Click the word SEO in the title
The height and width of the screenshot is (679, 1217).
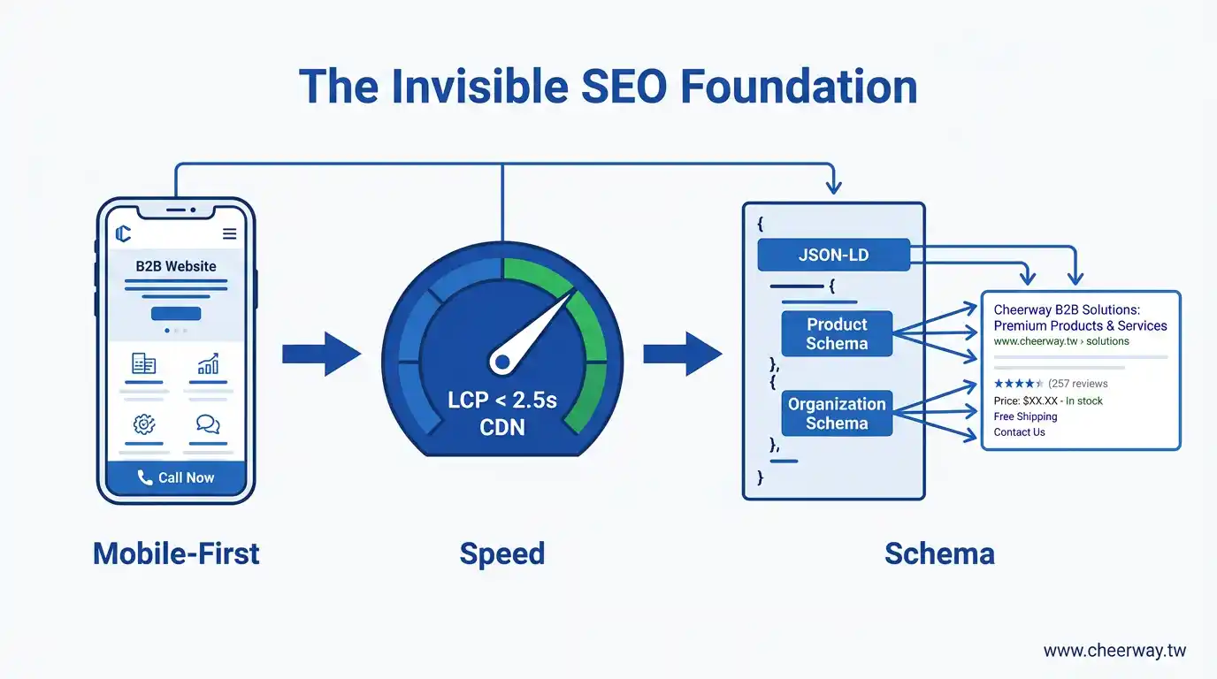(624, 87)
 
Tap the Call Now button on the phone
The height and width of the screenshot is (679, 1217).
(176, 477)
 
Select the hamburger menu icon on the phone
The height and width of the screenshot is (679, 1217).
(230, 233)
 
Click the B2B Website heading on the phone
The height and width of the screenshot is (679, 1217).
(176, 266)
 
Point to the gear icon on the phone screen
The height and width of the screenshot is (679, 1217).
(144, 424)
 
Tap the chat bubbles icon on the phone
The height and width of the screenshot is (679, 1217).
(208, 424)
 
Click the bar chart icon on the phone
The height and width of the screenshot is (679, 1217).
(208, 364)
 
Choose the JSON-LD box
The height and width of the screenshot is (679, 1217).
(833, 255)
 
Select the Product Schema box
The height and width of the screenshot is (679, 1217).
(837, 333)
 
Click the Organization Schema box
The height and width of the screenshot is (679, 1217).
(837, 414)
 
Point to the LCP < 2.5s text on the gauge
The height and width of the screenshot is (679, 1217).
(502, 401)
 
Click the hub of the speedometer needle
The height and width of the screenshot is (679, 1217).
(502, 362)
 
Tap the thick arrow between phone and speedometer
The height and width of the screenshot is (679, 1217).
(322, 355)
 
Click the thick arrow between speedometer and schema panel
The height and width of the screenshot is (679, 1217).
(683, 355)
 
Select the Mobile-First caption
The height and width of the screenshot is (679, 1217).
(176, 553)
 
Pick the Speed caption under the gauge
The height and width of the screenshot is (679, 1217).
(502, 554)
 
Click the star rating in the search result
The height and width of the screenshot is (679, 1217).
(1018, 384)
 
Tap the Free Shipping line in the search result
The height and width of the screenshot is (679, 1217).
(1025, 416)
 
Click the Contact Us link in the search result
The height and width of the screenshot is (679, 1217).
(1019, 432)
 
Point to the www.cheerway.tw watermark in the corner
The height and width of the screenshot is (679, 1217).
(1115, 651)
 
